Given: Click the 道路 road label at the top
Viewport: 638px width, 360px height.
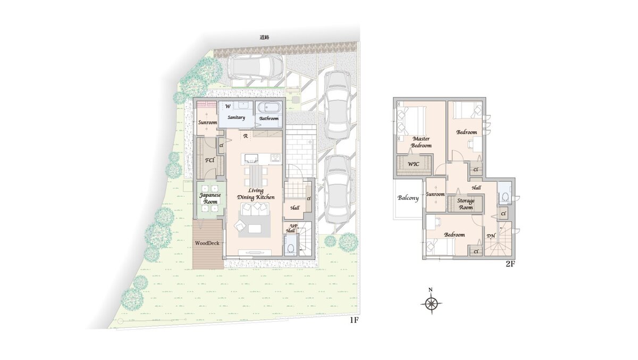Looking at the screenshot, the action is coord(265,37).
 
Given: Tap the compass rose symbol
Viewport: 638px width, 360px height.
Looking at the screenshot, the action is coord(431,303).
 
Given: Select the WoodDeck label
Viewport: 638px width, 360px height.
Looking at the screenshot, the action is coord(207,243).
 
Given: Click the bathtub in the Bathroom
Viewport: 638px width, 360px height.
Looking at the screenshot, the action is coord(269,107).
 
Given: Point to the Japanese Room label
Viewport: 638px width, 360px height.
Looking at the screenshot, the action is coord(210,198).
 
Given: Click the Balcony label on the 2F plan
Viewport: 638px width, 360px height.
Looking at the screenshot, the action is coord(408,198).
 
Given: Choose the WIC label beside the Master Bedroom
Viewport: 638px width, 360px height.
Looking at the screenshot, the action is coord(413,164).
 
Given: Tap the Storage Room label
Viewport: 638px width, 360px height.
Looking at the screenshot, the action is coord(466,204).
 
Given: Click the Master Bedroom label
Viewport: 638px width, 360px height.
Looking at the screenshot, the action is coord(421,142).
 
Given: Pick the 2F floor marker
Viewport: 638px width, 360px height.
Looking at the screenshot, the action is coord(510,264).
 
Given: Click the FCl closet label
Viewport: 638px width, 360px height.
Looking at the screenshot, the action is coord(209,160).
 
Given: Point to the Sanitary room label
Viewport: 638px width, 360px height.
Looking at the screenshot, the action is coord(236,118).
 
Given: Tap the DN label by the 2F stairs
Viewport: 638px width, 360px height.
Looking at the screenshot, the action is coord(491,236).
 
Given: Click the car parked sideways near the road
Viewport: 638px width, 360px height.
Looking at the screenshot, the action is coord(256,68).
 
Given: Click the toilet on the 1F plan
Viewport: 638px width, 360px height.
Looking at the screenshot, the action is coord(291,249).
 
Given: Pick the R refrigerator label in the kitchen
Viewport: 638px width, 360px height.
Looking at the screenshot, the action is coord(245,136).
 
